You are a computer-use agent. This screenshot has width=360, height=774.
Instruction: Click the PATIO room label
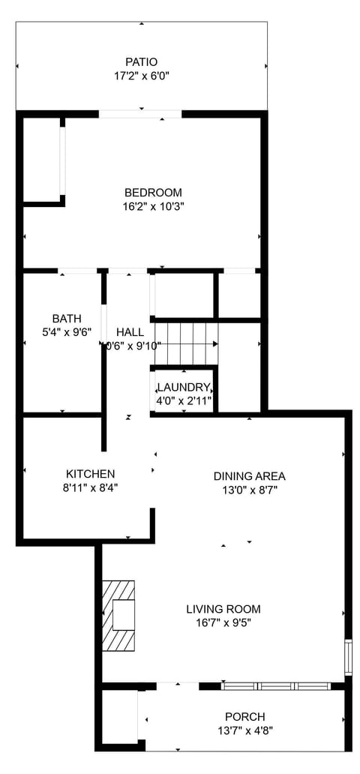pyautogui.click(x=141, y=62)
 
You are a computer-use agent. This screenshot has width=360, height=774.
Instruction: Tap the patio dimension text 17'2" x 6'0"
pyautogui.click(x=141, y=76)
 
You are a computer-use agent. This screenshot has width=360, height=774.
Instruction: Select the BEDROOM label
pyautogui.click(x=153, y=193)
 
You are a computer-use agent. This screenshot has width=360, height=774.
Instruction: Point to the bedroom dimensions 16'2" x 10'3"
pyautogui.click(x=153, y=206)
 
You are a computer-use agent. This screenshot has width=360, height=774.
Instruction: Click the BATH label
pyautogui.click(x=67, y=318)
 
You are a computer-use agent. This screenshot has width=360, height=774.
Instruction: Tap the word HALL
pyautogui.click(x=130, y=332)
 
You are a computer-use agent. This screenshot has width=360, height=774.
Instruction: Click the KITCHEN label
pyautogui.click(x=91, y=474)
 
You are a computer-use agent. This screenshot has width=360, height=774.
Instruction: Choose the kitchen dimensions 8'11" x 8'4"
pyautogui.click(x=91, y=487)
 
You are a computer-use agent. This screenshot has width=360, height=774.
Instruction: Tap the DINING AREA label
pyautogui.click(x=250, y=476)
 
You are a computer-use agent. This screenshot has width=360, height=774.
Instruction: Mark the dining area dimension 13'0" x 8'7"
pyautogui.click(x=250, y=490)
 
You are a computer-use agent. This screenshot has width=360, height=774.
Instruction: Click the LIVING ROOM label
pyautogui.click(x=223, y=609)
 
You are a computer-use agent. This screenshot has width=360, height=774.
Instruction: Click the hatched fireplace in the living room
pyautogui.click(x=120, y=615)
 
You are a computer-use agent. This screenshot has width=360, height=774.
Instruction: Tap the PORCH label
pyautogui.click(x=245, y=717)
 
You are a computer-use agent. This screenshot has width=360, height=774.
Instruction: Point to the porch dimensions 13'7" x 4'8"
pyautogui.click(x=245, y=730)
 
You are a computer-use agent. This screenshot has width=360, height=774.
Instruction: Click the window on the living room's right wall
pyautogui.click(x=348, y=655)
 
